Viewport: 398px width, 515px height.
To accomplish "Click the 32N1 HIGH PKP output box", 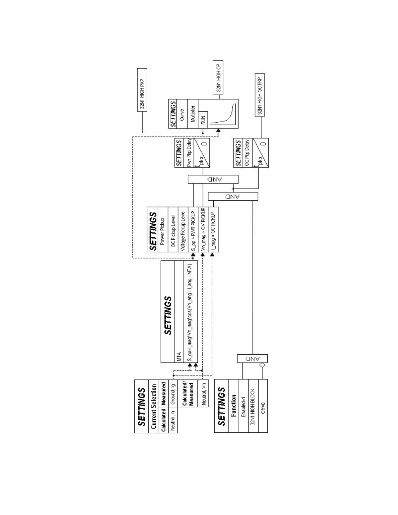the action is click(x=142, y=90).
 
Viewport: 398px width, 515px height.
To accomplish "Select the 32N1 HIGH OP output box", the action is click(x=218, y=77).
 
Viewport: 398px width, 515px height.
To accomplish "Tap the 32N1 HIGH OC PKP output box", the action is click(x=259, y=95).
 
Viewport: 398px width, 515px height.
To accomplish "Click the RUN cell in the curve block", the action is click(x=203, y=120).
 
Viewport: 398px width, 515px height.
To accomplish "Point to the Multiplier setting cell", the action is click(x=193, y=113).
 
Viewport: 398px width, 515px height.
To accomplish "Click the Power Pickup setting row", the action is click(x=163, y=230).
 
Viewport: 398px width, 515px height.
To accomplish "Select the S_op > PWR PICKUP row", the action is click(x=193, y=230).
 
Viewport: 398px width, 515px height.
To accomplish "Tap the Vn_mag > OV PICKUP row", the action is click(x=203, y=230).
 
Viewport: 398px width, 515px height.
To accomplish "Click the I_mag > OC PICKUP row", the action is click(x=213, y=230).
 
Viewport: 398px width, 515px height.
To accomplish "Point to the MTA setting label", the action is click(x=179, y=357).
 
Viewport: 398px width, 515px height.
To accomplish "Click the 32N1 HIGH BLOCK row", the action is click(x=253, y=406).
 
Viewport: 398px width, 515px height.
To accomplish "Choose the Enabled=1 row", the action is click(x=244, y=406).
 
